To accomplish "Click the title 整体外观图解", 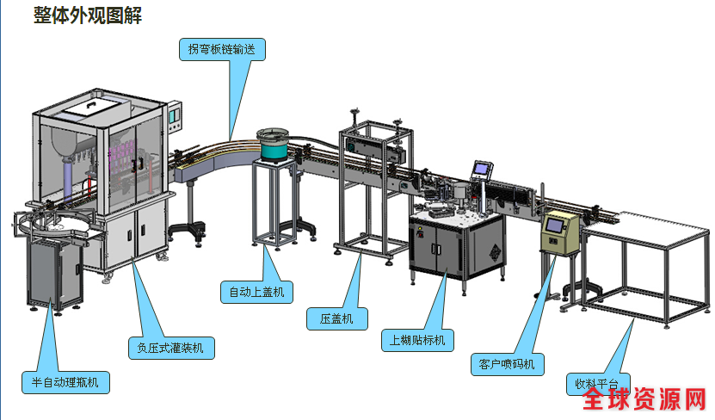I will coord(88,16).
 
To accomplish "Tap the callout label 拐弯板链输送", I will coord(222,49).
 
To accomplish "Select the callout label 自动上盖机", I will coord(256,293).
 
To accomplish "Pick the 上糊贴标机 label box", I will coord(417,340).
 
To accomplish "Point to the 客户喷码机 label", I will coord(507,364).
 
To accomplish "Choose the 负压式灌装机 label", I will coord(170,348).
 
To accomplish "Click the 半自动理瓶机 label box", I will coord(65,382).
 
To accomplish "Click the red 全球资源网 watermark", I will coord(644,400).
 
